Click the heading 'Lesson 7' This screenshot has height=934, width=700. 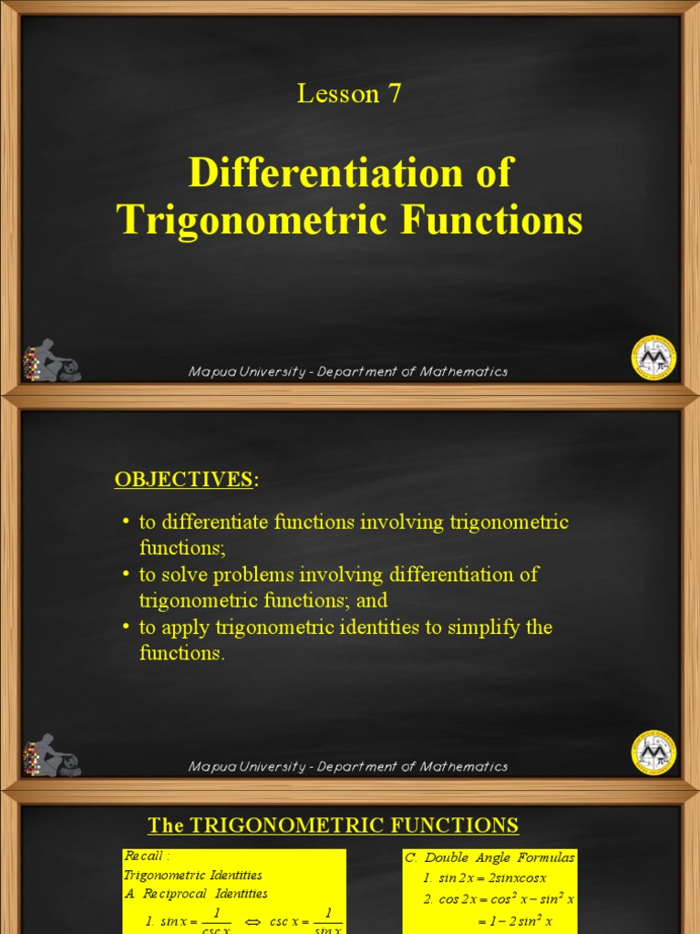349,93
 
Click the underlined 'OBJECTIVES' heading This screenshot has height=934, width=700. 182,479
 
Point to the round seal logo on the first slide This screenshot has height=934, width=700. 654,357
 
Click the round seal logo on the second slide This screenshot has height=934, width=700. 654,752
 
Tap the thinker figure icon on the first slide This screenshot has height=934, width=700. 52,359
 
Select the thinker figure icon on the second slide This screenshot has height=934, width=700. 52,755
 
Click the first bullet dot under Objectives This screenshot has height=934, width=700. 126,523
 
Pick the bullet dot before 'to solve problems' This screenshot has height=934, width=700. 126,576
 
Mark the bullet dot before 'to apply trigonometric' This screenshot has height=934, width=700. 126,628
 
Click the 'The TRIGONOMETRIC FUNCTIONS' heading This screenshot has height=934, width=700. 334,825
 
